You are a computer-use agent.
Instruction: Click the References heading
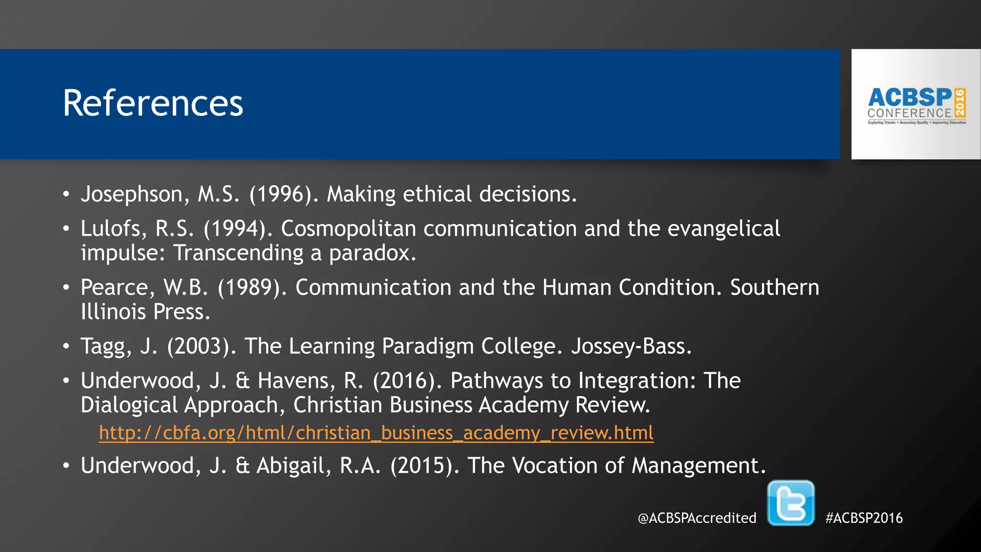coord(153,103)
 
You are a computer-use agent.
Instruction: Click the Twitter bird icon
coord(790,503)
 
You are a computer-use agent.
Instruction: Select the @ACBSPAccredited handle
coord(697,518)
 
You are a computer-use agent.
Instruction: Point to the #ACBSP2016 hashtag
coord(864,518)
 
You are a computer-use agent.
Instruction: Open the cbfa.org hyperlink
coord(376,433)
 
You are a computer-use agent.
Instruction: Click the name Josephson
coord(132,195)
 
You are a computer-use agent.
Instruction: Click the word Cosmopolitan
coord(348,229)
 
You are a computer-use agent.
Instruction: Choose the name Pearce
coord(118,287)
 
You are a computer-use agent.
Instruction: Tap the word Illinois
coord(113,312)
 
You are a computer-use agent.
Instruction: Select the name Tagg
coord(106,346)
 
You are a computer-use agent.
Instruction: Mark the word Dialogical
coord(129,405)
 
